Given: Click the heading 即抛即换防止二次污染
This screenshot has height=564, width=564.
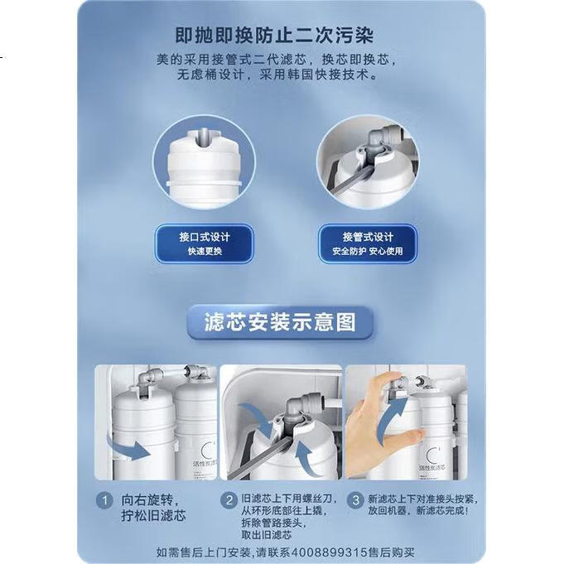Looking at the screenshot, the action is pos(274,36).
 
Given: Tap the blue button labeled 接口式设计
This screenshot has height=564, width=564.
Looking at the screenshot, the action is pos(205,243).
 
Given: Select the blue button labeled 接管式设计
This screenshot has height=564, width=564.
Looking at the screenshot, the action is pos(367,243).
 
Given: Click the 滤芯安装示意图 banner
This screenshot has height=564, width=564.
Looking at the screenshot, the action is pos(280,322).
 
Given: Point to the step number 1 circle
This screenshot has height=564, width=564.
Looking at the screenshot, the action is pos(104,501).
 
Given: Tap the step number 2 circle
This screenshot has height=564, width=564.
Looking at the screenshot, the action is pos(229,500).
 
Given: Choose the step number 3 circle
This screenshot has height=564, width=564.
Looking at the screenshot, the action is pos(355,500).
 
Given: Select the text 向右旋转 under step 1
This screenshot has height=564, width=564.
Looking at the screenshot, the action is pos(147,500).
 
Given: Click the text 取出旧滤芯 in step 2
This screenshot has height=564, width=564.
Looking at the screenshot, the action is pos(266,535).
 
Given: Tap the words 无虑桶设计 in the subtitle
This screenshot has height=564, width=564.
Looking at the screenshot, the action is pos(211,75).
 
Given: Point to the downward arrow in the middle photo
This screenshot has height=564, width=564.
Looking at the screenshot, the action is pos(257,417).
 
